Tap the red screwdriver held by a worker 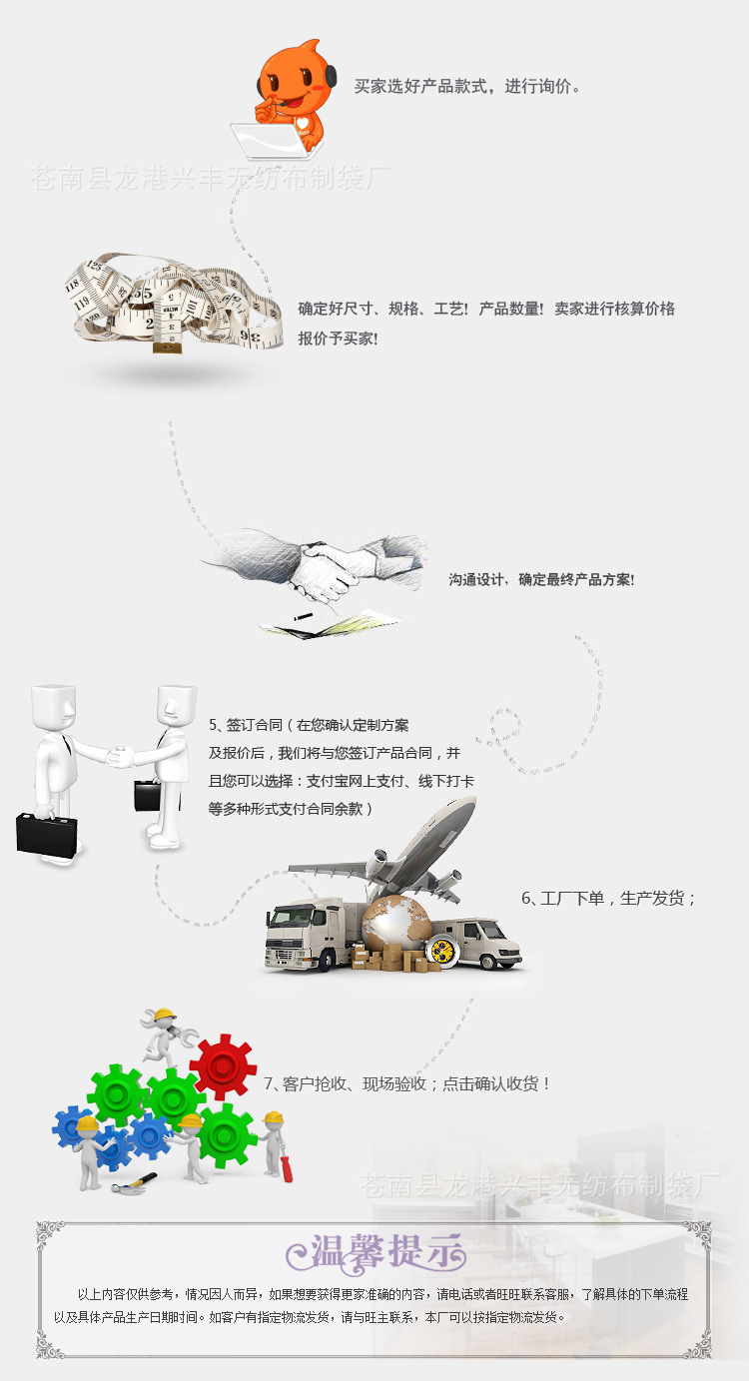pyautogui.click(x=286, y=1168)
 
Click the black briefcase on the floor pyautogui.click(x=46, y=834)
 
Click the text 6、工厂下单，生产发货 pyautogui.click(x=608, y=899)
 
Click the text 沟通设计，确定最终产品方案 pyautogui.click(x=541, y=579)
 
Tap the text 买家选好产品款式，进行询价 pyautogui.click(x=467, y=87)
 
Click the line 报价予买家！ pyautogui.click(x=338, y=339)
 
